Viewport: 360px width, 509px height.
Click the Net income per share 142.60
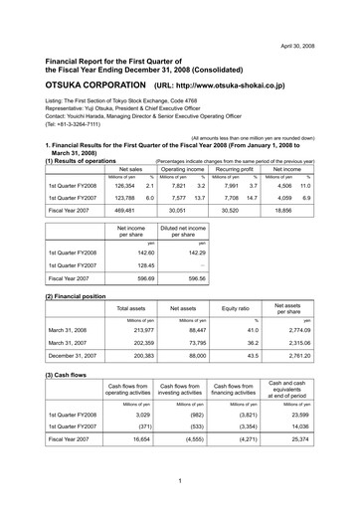click(x=120, y=253)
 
